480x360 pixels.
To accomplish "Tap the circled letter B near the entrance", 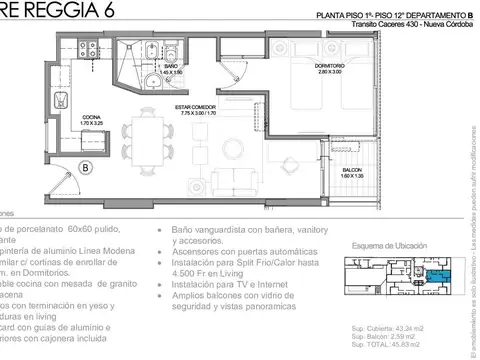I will (86, 168).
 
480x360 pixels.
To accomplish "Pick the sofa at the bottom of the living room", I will (235, 183).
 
